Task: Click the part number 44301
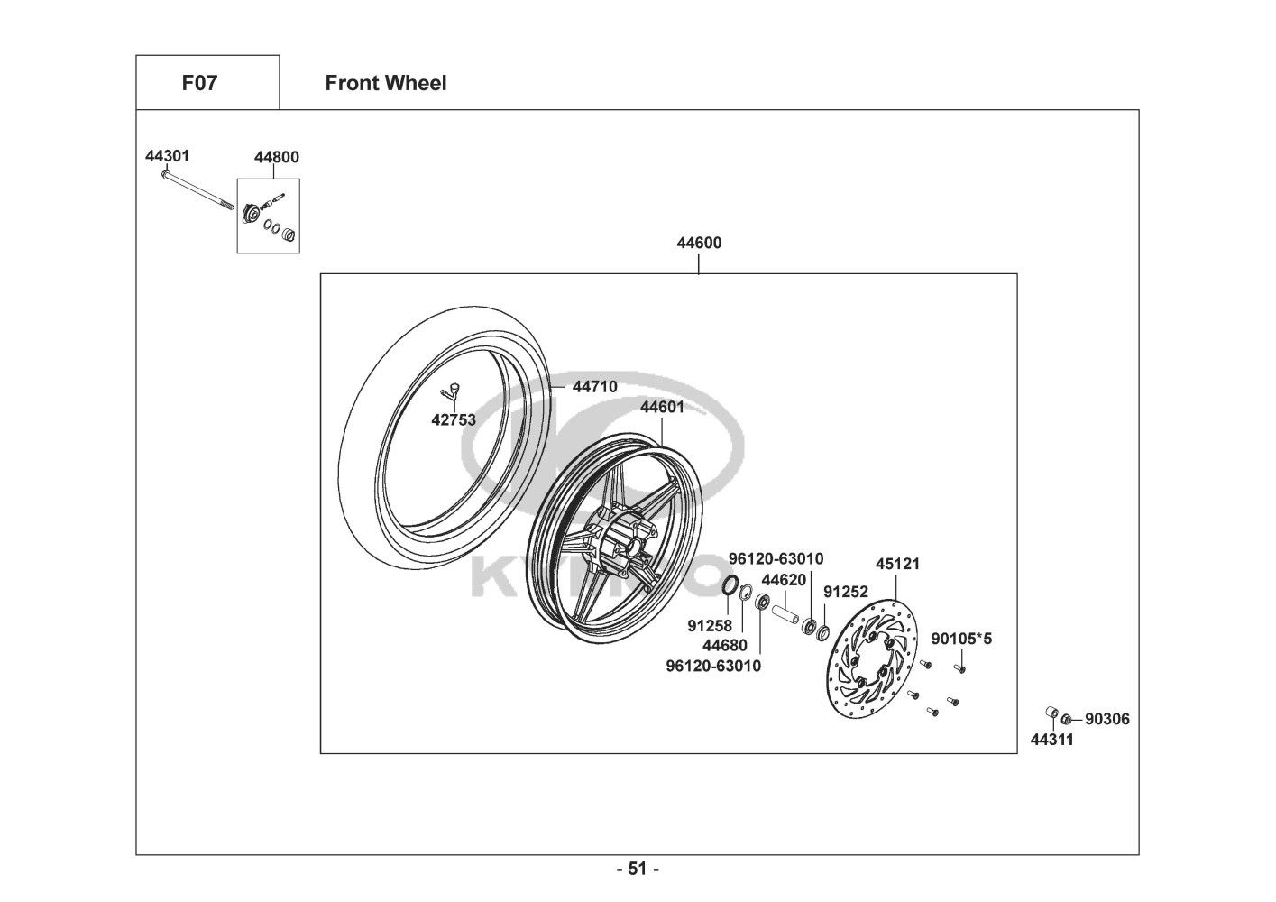[168, 156]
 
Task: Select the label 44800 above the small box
[277, 157]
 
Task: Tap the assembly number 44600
[699, 243]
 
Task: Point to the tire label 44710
[595, 387]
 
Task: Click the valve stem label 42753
[454, 419]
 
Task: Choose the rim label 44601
[662, 407]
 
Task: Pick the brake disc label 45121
[898, 564]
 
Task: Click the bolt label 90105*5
[961, 639]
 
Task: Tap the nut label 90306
[1106, 719]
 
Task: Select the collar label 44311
[1052, 741]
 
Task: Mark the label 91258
[709, 625]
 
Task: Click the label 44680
[725, 645]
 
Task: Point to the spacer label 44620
[784, 580]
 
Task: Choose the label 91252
[846, 593]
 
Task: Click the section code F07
[199, 83]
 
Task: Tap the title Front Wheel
[386, 83]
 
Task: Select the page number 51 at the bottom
[638, 869]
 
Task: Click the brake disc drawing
[873, 658]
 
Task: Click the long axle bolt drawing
[193, 190]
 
